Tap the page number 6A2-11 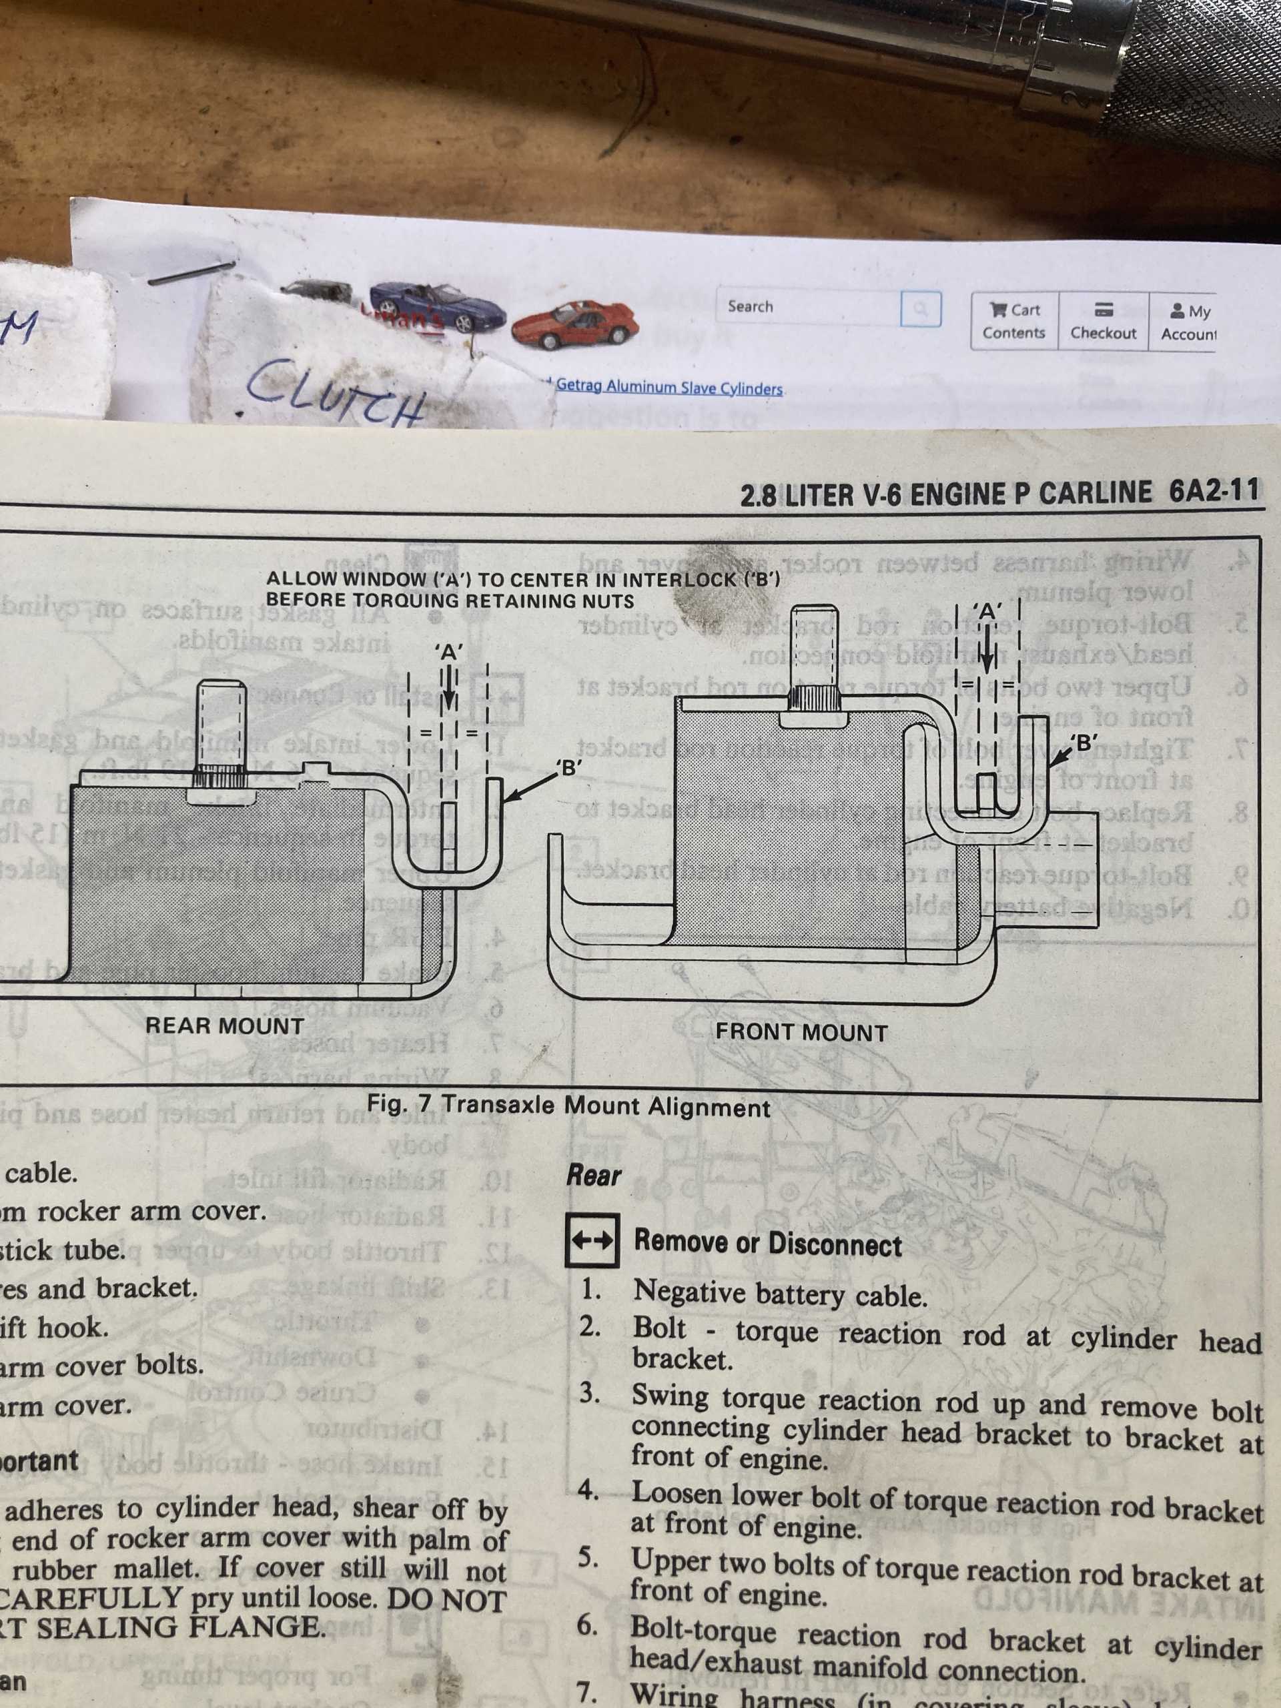(x=1213, y=491)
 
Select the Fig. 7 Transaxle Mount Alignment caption (x=568, y=1106)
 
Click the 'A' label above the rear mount (x=448, y=652)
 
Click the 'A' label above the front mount (x=987, y=610)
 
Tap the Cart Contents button (x=1014, y=321)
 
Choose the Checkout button (x=1103, y=322)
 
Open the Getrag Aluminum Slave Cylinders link (x=669, y=387)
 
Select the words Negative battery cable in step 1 (x=780, y=1294)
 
